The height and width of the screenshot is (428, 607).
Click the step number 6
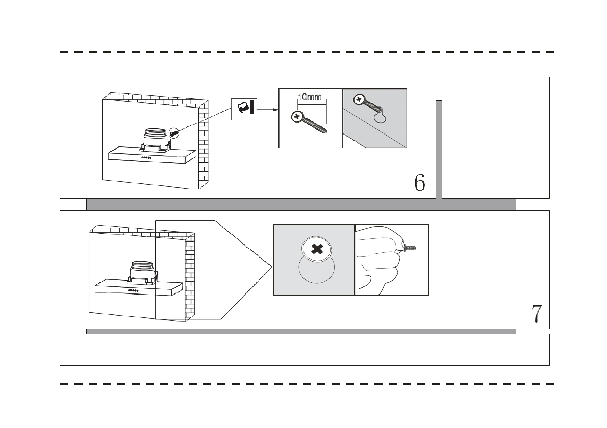point(419,182)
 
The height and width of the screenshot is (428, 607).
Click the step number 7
point(536,313)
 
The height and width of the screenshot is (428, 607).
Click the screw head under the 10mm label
point(296,117)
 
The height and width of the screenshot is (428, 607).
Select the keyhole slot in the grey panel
point(380,118)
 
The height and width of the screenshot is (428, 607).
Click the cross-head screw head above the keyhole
point(359,99)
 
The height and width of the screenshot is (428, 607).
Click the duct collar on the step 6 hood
point(155,137)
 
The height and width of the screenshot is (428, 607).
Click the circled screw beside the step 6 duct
point(174,132)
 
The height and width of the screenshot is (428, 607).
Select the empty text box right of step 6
point(495,138)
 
